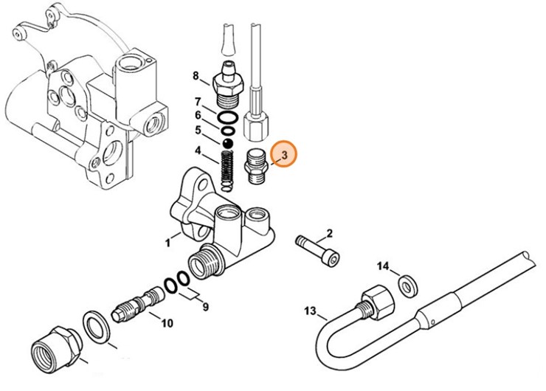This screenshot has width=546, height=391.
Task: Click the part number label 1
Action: (167, 241)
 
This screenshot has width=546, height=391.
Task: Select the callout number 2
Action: (329, 233)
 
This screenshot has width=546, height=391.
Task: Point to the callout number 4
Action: (198, 152)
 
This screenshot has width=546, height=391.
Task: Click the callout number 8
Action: (196, 75)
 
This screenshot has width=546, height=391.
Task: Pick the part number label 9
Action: (205, 305)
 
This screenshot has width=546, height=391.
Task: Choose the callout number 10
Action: (167, 322)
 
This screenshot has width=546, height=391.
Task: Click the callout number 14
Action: (383, 266)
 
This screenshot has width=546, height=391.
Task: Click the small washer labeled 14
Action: (406, 285)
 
